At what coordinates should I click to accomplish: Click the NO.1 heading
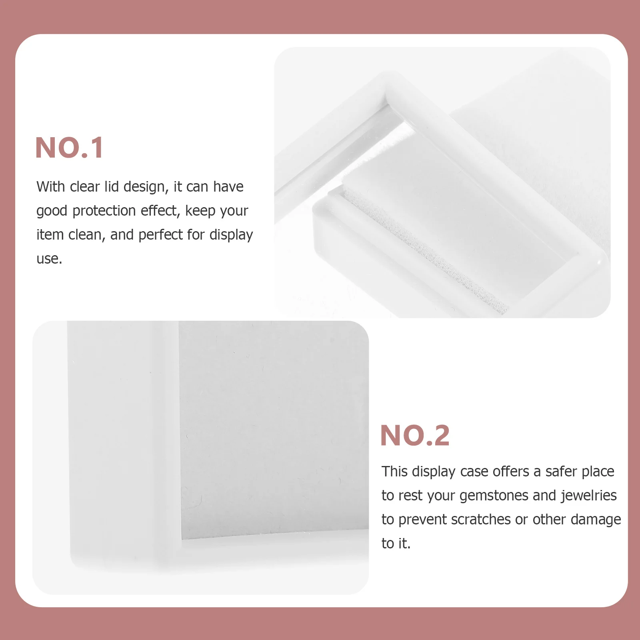[69, 148]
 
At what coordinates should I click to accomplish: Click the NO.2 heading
[415, 436]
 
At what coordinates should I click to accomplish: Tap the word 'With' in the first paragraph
[51, 187]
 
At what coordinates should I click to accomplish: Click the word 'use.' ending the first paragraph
[49, 259]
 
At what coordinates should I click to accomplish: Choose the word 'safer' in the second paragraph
[562, 472]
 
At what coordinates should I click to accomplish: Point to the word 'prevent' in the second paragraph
[422, 520]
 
